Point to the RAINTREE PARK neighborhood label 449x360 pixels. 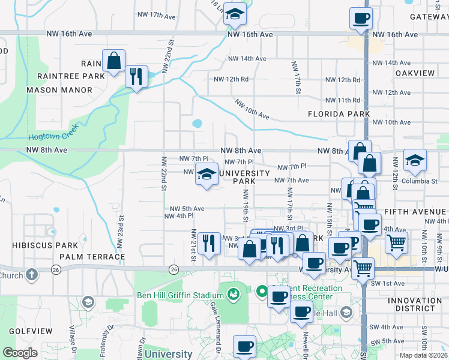pos(71,76)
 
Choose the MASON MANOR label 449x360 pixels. pos(59,90)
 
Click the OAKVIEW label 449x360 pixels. pos(415,73)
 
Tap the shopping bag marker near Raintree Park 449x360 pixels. pos(113,60)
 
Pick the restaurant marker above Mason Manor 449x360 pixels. pos(136,76)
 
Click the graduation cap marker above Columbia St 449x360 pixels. pos(415,160)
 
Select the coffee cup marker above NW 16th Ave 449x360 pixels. pos(361,19)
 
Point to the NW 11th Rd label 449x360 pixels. pos(343,100)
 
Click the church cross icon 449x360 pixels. pos(31,275)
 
